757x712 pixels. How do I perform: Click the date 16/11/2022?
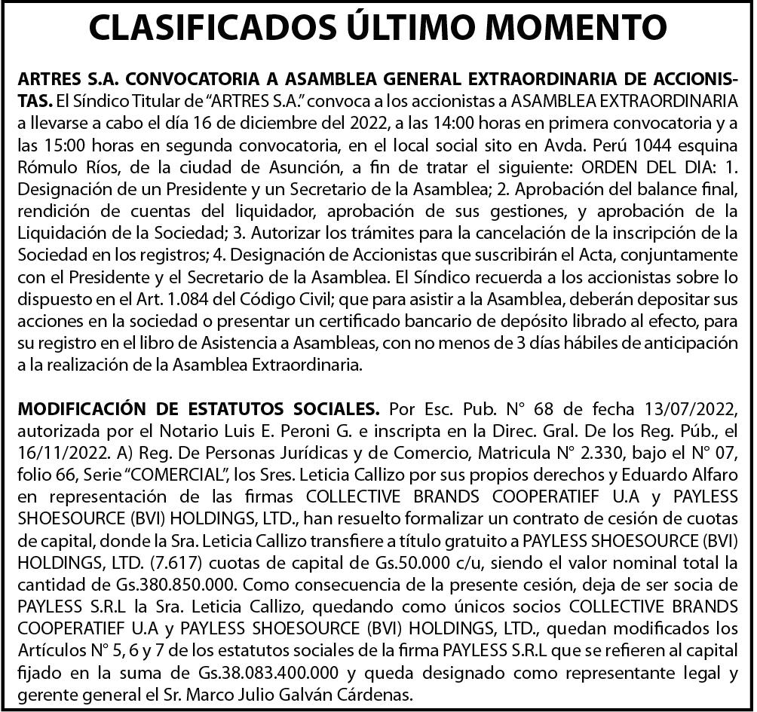pyautogui.click(x=54, y=451)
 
